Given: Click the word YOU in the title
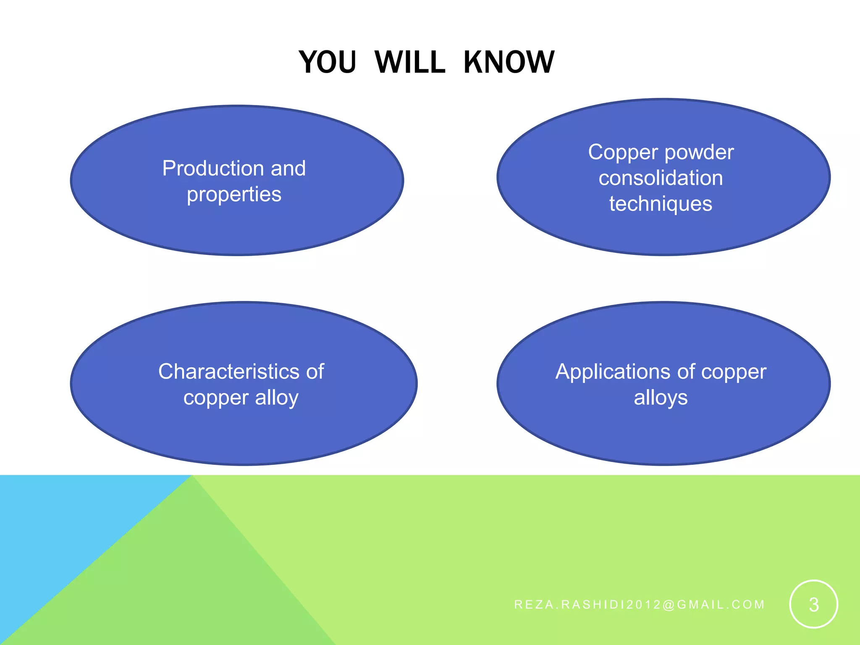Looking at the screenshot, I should coord(328,62).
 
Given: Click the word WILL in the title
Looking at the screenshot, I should coord(409,62).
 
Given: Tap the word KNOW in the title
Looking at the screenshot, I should coord(509,62).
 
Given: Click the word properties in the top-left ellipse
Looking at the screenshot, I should coord(234,195).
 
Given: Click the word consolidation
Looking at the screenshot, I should coord(661,178).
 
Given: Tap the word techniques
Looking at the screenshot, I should coord(661,204).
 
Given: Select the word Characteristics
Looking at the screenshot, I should coord(229,372).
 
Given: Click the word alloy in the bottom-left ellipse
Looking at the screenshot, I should coord(277,397).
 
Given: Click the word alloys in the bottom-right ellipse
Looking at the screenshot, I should coord(661,397).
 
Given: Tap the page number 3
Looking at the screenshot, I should coord(813,605).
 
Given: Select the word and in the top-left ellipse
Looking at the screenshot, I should coord(288,169).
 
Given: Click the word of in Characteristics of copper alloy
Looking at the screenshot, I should coord(315,372).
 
